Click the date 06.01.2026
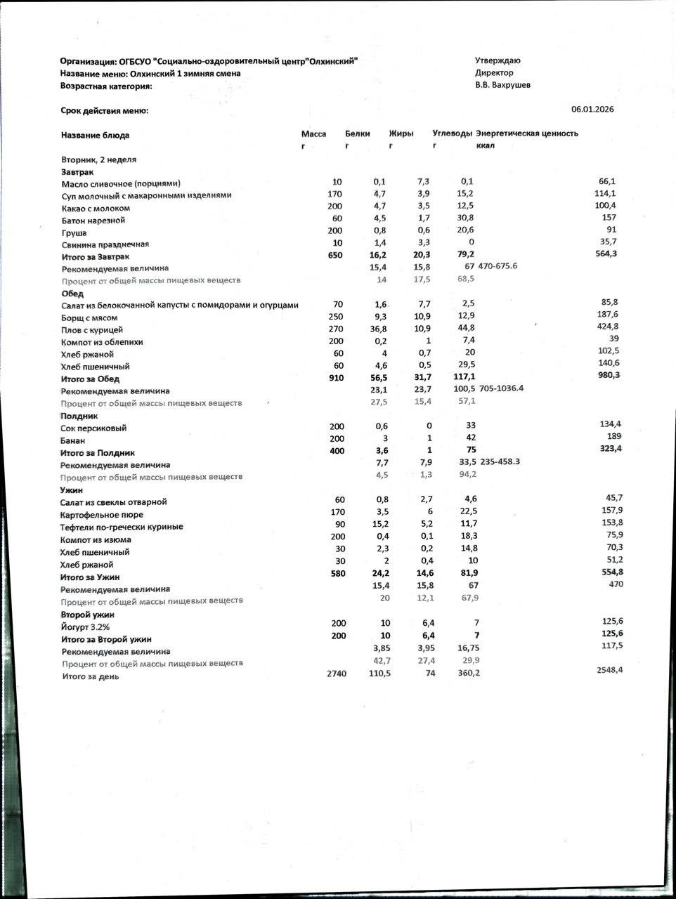(x=592, y=109)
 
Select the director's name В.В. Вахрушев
(x=502, y=85)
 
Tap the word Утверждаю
(x=498, y=60)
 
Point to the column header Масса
(x=313, y=133)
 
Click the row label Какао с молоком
(x=96, y=208)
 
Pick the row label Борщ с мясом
(x=91, y=317)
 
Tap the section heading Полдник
(x=79, y=416)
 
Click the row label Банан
(x=73, y=441)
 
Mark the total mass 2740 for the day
(x=337, y=674)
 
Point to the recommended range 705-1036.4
(x=501, y=388)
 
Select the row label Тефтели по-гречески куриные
(x=122, y=527)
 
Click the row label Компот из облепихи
(x=102, y=342)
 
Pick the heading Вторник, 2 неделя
(x=98, y=159)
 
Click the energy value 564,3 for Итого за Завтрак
(x=606, y=254)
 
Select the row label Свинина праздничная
(x=105, y=244)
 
